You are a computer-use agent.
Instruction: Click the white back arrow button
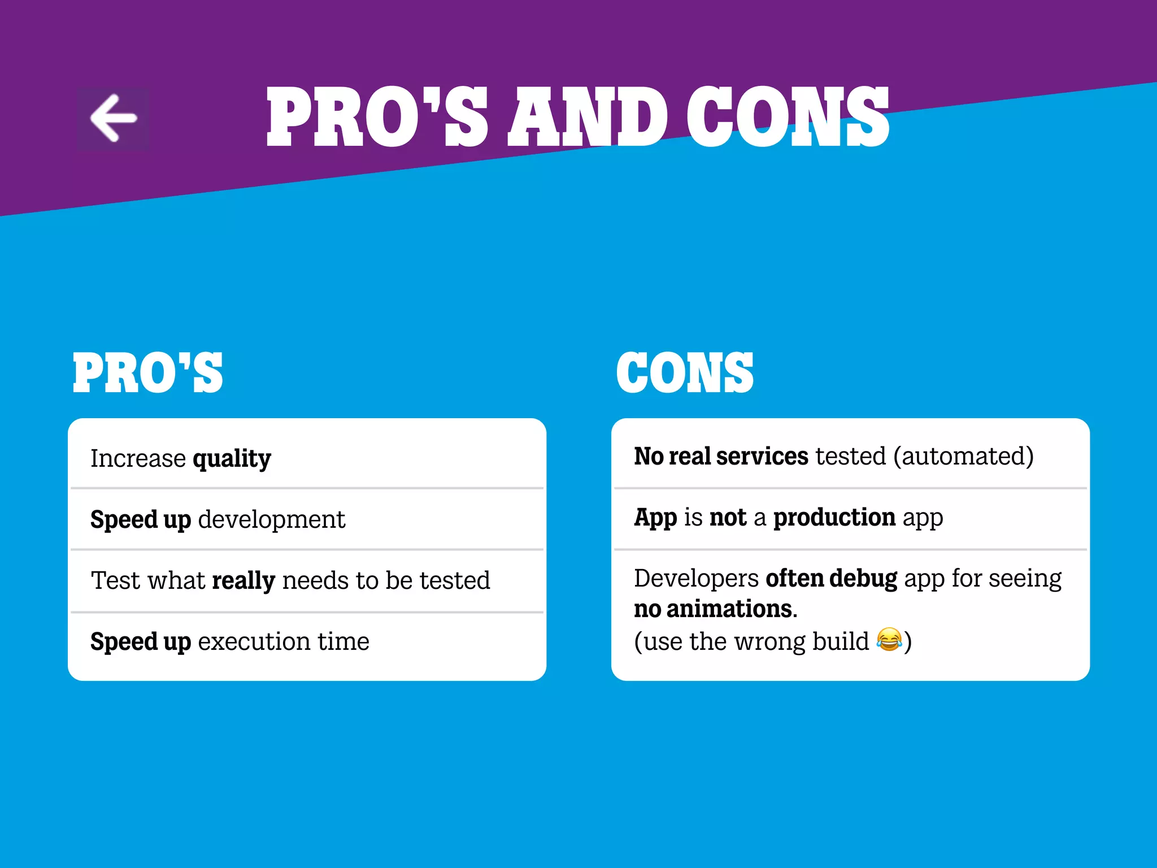point(114,118)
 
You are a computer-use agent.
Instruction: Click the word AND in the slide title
point(588,118)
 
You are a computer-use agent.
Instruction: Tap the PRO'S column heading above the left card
point(148,372)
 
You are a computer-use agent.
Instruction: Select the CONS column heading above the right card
point(685,372)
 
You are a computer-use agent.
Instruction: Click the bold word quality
point(232,459)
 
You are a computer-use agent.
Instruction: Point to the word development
point(272,519)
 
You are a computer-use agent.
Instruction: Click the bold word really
point(243,581)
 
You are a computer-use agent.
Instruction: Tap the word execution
point(254,642)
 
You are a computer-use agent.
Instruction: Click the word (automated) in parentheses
point(963,457)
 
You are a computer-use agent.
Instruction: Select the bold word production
point(834,518)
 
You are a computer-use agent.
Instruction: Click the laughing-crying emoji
point(889,640)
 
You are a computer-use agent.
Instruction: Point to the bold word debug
point(863,579)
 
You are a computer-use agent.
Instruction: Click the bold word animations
point(729,609)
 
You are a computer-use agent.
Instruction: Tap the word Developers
point(696,579)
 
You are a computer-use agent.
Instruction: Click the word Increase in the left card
point(138,459)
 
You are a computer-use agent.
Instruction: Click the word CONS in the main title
point(788,118)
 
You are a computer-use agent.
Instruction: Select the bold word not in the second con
point(728,518)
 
